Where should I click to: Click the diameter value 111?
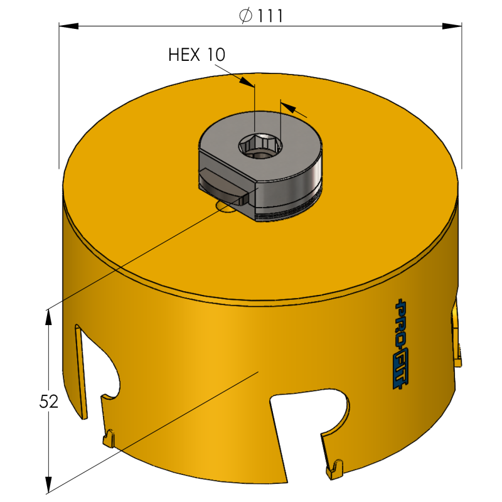[x=270, y=16]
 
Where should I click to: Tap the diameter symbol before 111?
[x=246, y=16]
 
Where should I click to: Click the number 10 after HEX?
[x=216, y=55]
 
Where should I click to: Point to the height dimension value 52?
[x=49, y=402]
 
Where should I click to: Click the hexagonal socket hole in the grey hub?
[x=260, y=146]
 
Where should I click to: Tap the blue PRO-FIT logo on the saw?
[x=401, y=344]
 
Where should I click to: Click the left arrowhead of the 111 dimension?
[x=69, y=26]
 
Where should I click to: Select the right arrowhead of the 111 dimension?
[x=452, y=26]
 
